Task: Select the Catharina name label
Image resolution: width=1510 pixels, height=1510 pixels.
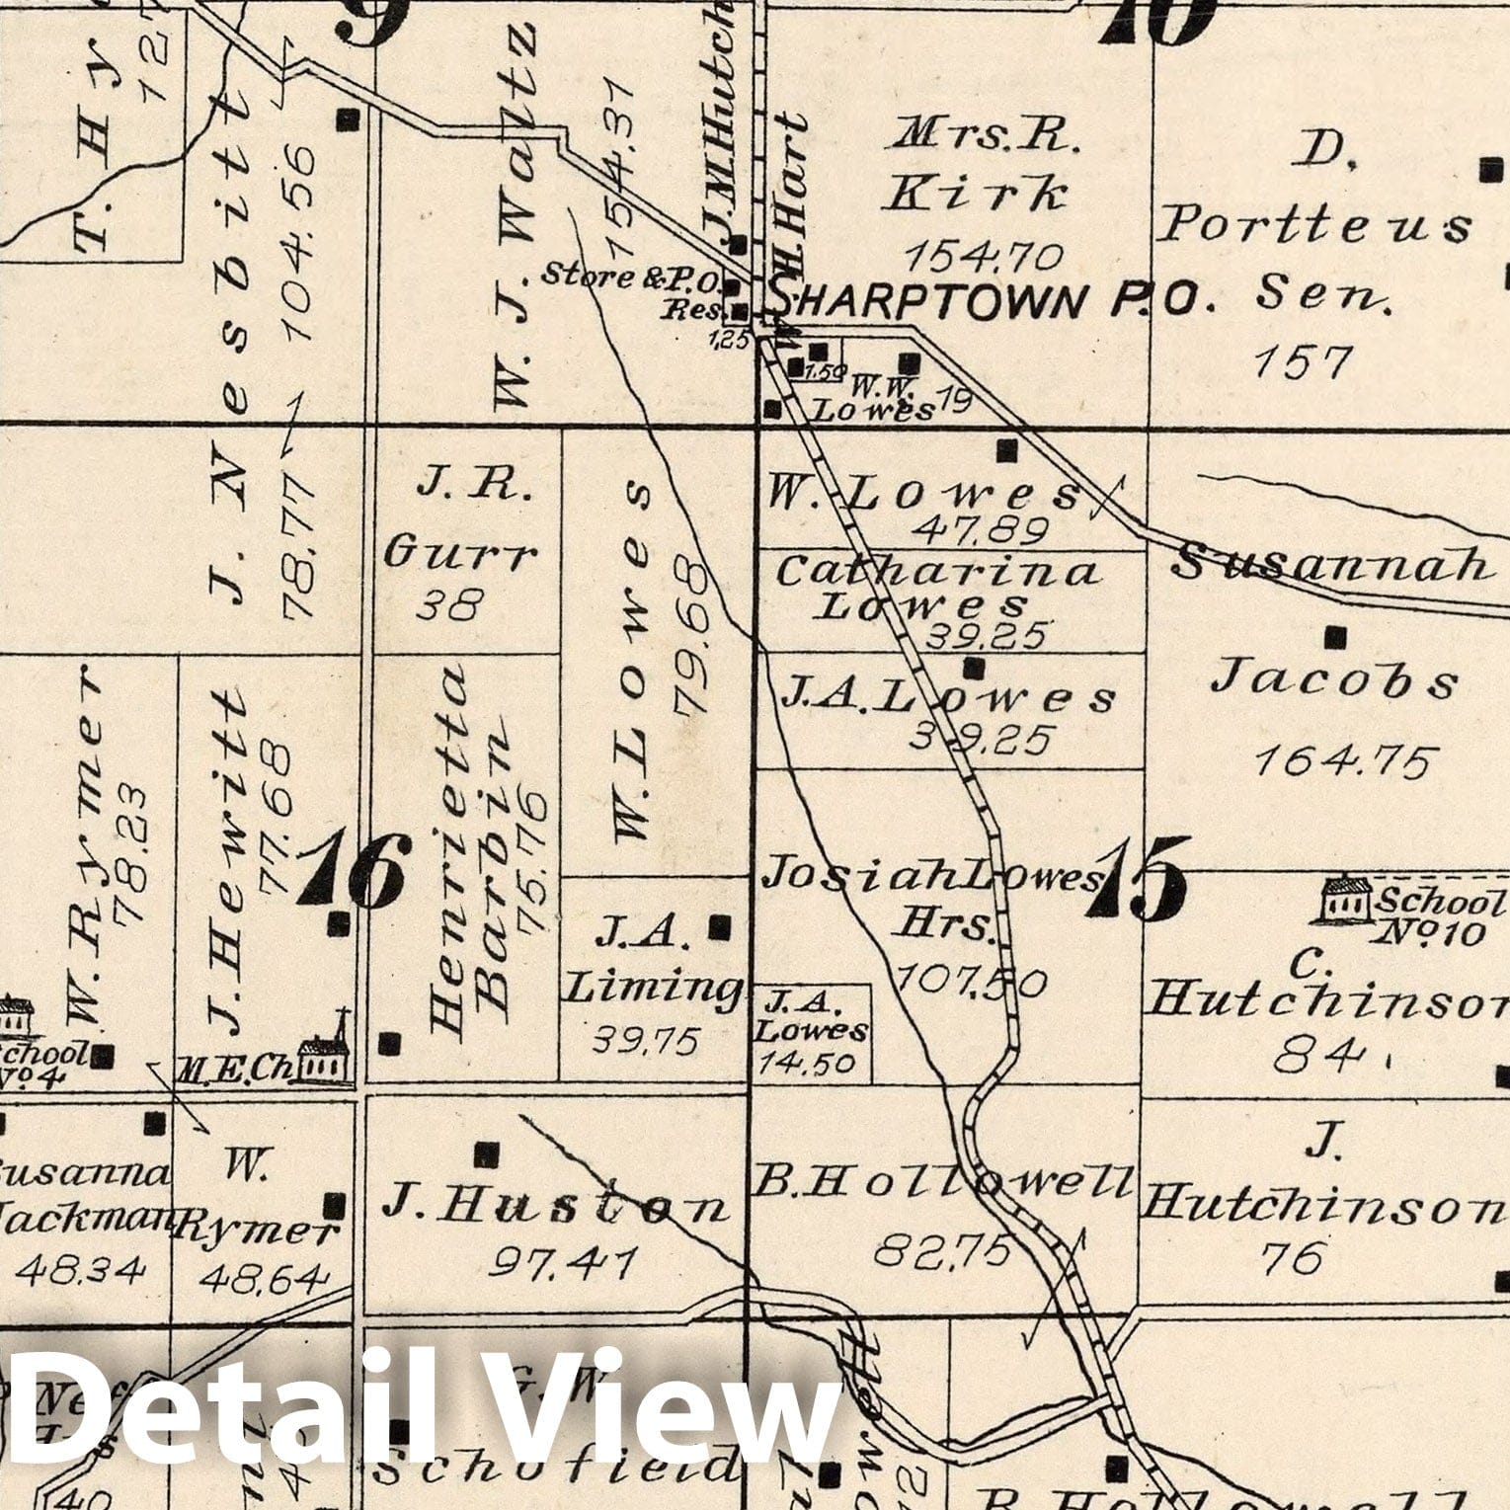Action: coord(936,572)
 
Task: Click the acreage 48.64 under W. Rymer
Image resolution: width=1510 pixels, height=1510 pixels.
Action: coord(263,1279)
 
